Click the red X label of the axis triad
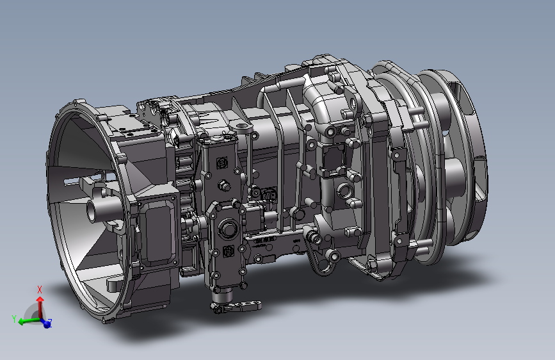coord(40,290)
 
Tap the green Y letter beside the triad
coord(14,319)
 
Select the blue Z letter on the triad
coord(50,322)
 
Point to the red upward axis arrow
coord(40,307)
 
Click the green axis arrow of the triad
coord(29,322)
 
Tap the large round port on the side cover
coord(227,228)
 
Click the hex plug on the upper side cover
coord(223,184)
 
